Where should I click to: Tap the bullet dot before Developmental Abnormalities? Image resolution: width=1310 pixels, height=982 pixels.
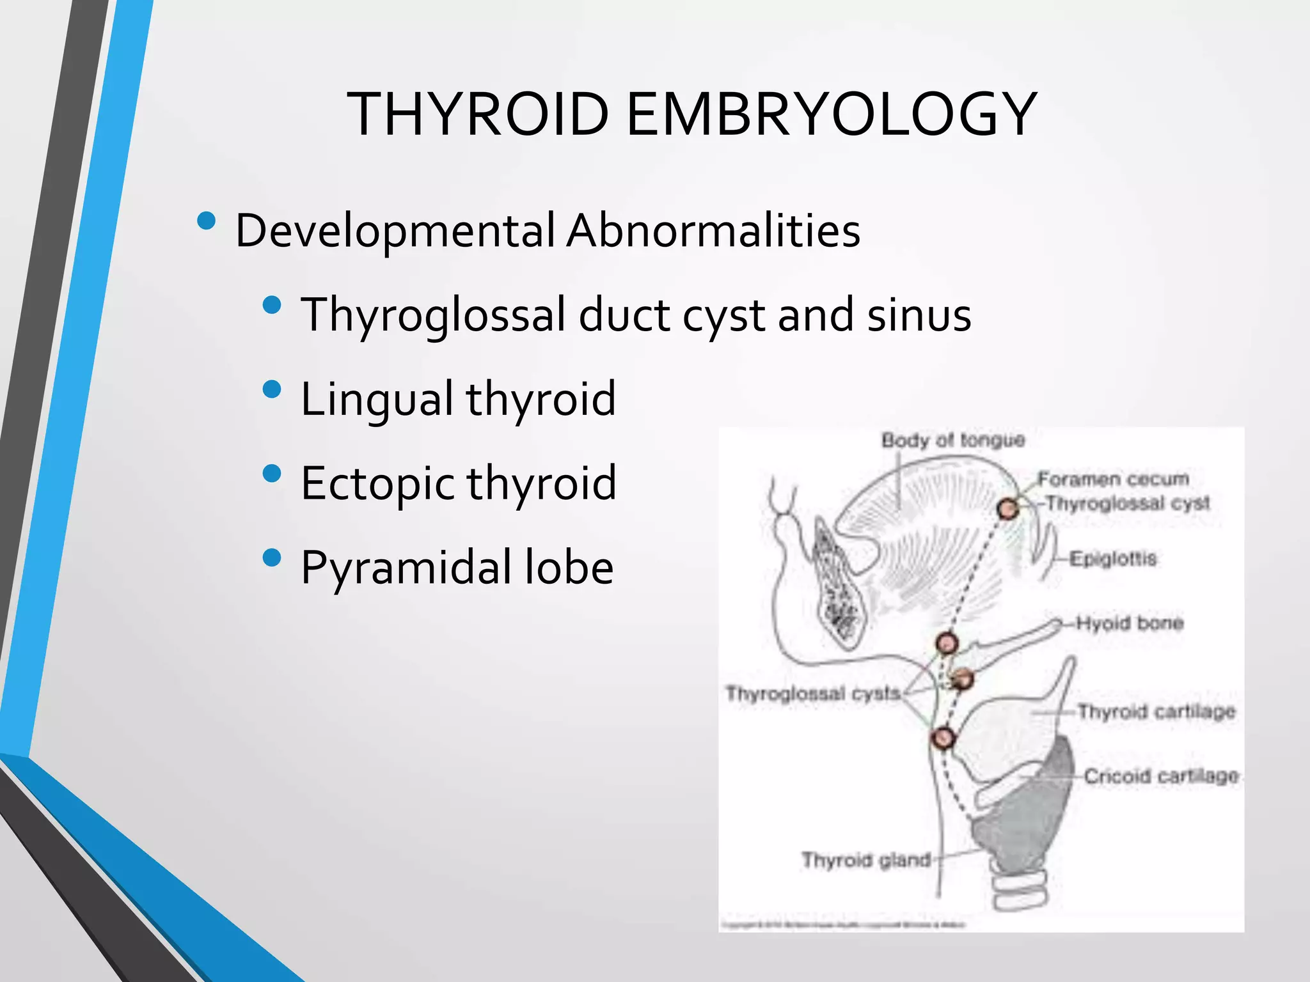(207, 221)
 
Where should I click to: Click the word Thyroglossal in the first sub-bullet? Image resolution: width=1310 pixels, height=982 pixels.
(434, 315)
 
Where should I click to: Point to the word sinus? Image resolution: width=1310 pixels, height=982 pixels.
(919, 315)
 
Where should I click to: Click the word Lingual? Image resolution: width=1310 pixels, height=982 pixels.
(377, 399)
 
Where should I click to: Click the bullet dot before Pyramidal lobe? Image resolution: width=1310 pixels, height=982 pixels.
(272, 557)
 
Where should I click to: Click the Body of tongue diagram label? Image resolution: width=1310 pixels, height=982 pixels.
(953, 440)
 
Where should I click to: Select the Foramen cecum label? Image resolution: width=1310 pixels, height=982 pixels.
(1113, 479)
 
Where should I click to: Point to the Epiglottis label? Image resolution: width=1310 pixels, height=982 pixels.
(1113, 559)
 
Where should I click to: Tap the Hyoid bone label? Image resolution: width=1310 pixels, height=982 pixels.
(1130, 623)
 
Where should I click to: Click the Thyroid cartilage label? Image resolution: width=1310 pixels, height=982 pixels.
(1156, 712)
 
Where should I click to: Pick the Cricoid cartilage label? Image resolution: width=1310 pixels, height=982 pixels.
(1161, 776)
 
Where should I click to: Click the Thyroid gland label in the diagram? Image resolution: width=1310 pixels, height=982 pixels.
(866, 861)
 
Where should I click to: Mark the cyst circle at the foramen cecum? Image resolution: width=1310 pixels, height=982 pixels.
(1008, 510)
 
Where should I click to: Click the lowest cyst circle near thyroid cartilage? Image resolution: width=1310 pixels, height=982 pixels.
(942, 738)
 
